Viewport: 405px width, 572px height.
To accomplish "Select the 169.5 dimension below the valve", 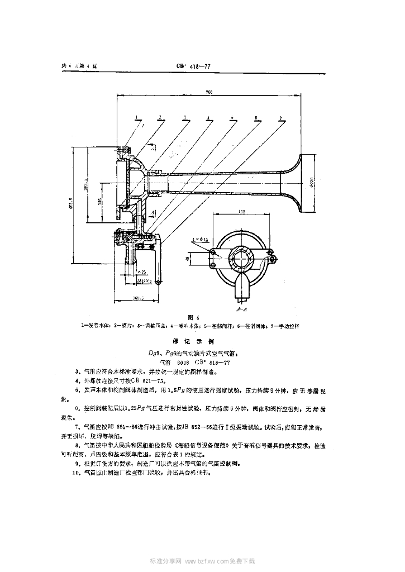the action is [x=138, y=299].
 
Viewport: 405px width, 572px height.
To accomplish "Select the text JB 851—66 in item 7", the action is [x=129, y=426].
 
